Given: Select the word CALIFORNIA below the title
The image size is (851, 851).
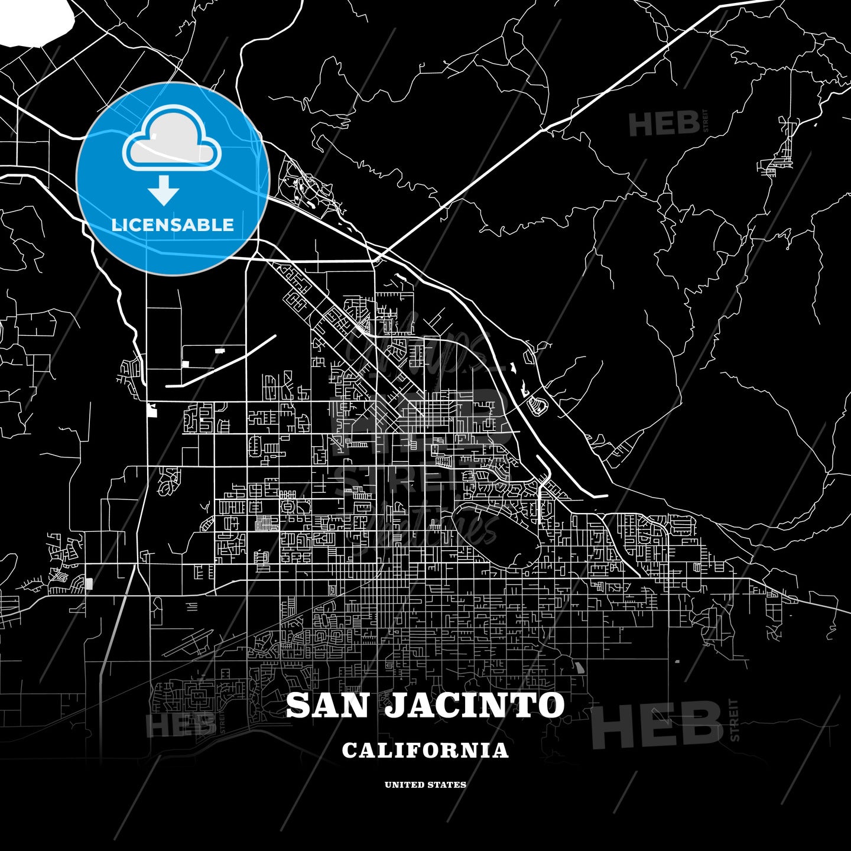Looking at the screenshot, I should tap(425, 751).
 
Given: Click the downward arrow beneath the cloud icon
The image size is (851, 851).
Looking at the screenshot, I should tap(164, 190).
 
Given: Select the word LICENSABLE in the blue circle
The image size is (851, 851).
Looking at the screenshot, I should tap(173, 225).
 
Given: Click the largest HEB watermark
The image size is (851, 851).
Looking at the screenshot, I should tap(656, 725).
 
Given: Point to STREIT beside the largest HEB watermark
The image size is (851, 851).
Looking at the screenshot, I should tap(735, 720).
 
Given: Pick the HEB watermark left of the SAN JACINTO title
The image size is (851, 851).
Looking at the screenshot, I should tap(180, 725).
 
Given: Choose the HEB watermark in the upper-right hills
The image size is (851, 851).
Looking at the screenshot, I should tap(664, 124).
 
